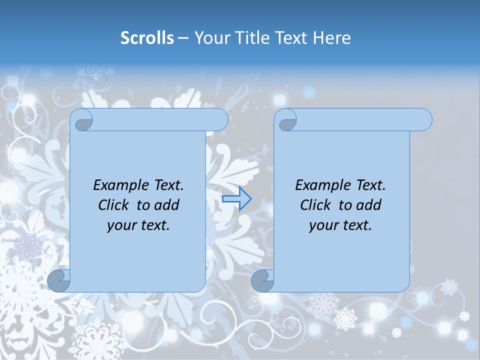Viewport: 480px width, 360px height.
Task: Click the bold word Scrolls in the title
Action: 147,37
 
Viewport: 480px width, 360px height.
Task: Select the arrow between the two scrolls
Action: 236,199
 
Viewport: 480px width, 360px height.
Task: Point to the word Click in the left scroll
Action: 115,205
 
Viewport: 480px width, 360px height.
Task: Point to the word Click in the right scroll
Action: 317,205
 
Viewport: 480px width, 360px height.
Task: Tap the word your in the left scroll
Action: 120,225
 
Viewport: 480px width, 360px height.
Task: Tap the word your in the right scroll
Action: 322,225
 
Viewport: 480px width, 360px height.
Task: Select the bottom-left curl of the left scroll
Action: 58,280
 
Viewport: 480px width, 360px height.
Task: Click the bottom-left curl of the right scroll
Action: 262,280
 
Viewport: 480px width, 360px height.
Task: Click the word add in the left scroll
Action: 166,205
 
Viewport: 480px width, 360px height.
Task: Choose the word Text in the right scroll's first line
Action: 370,185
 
